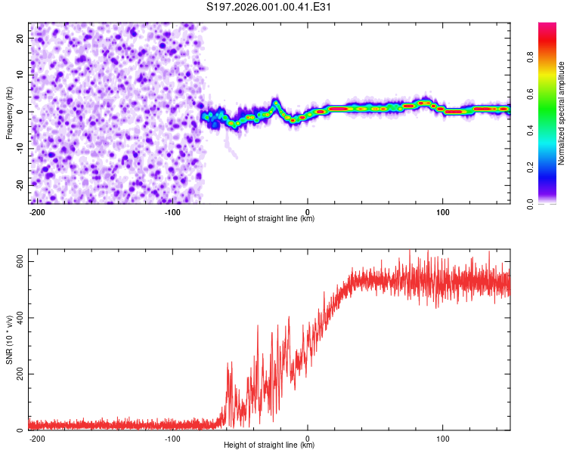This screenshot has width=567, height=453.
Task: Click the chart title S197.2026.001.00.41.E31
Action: click(269, 7)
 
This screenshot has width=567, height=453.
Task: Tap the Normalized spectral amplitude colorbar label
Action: click(562, 113)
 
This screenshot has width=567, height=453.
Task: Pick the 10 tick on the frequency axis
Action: click(20, 75)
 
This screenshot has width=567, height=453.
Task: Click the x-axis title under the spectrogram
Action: click(269, 220)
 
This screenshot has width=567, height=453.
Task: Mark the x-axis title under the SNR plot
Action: click(269, 446)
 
